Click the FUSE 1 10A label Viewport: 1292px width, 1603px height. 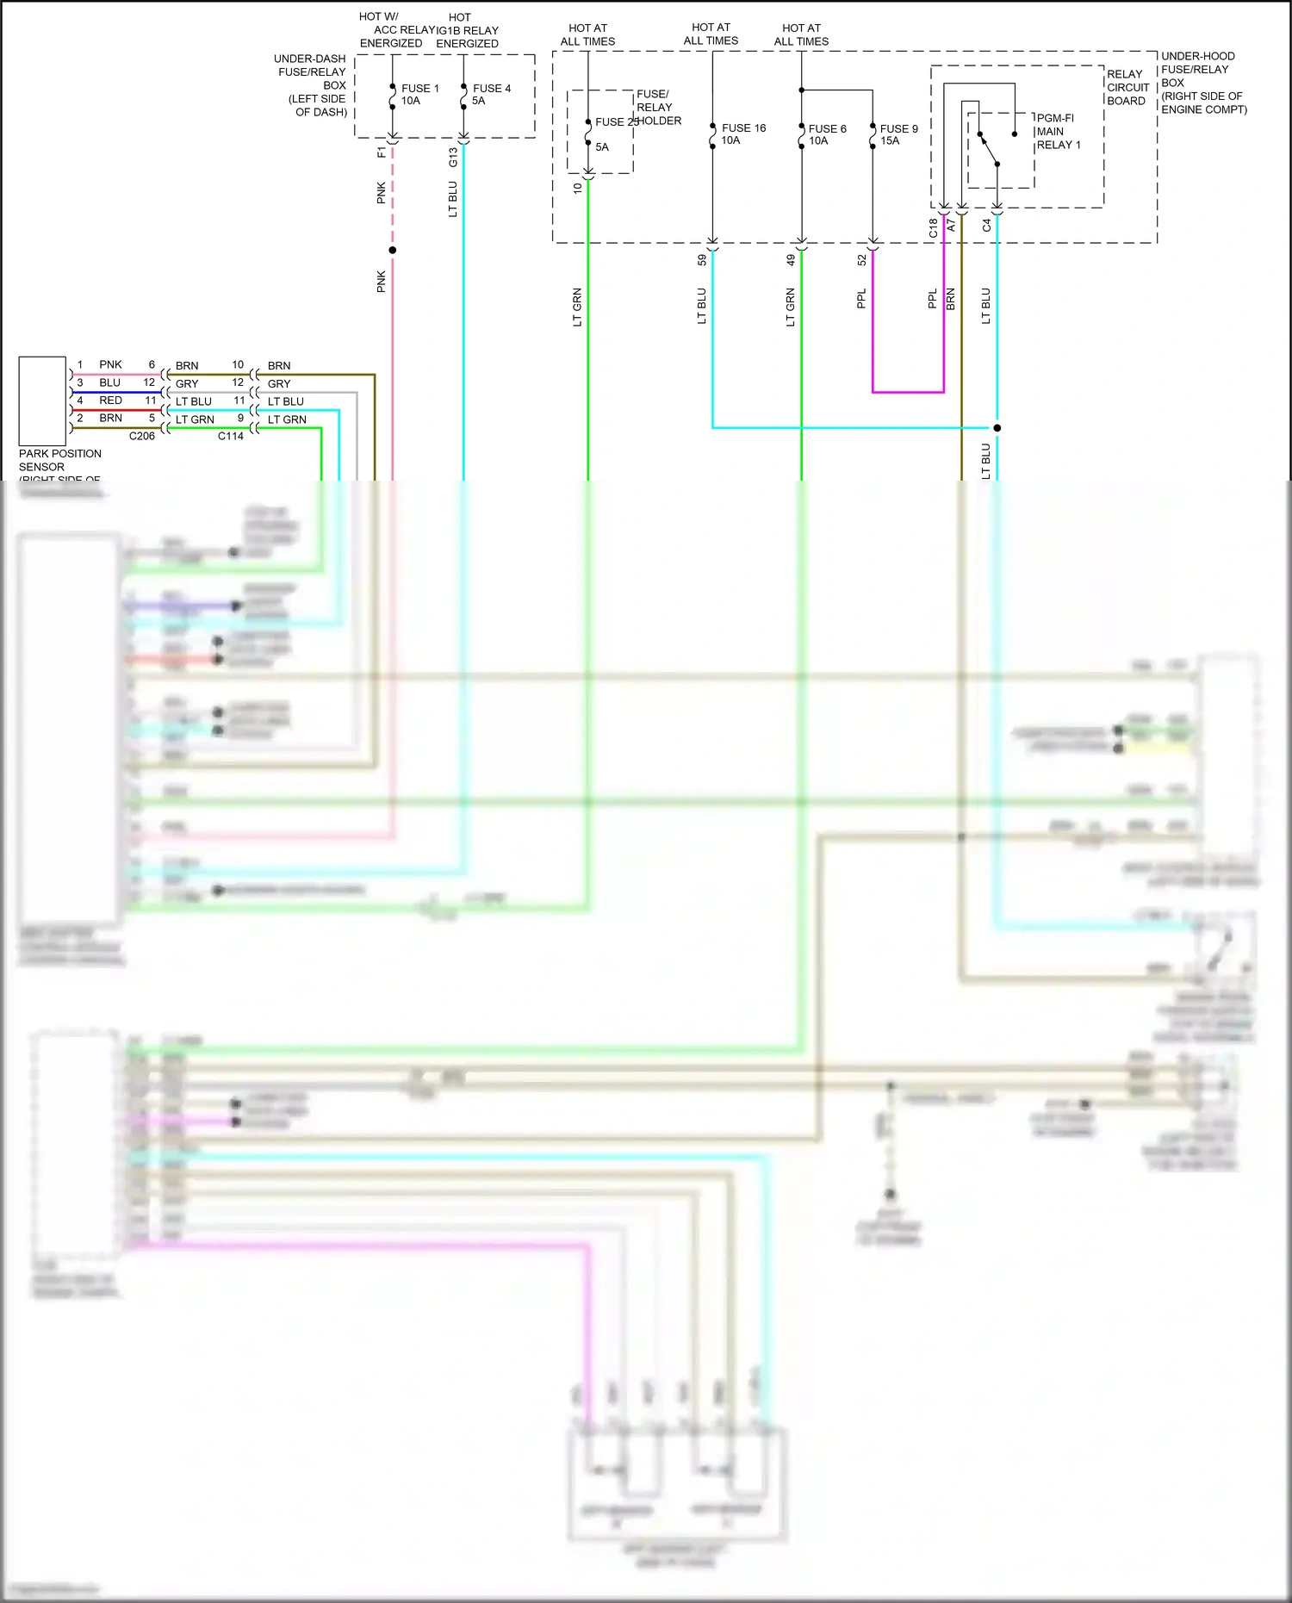click(419, 95)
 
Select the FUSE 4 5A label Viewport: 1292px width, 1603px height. click(491, 95)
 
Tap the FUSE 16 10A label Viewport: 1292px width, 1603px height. click(742, 134)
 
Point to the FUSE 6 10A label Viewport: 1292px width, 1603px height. click(827, 135)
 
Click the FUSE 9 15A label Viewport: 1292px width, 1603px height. click(898, 135)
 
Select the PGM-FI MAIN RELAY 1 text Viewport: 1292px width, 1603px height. click(1058, 132)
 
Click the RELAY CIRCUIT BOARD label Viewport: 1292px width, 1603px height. click(1127, 88)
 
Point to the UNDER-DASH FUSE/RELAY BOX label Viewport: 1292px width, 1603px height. click(311, 85)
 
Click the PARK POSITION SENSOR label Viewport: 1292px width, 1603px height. click(59, 461)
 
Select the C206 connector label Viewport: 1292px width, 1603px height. click(142, 437)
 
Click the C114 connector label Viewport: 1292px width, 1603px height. click(231, 437)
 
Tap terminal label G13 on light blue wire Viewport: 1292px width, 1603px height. click(453, 158)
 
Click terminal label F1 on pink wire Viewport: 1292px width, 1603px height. click(382, 152)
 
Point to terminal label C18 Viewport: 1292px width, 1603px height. click(933, 228)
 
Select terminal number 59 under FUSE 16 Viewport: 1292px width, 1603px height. click(702, 259)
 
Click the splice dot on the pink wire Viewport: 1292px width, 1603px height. click(393, 251)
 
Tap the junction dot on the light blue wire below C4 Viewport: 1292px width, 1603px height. click(997, 428)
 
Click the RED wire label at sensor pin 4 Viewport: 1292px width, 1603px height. click(110, 401)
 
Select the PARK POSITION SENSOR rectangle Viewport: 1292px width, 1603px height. click(42, 401)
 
